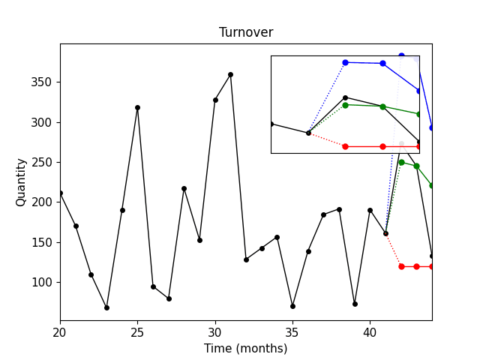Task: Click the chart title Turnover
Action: tap(246, 32)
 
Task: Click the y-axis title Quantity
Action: tap(21, 182)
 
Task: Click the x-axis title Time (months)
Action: tap(246, 348)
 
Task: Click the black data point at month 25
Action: tap(137, 107)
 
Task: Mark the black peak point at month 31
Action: tap(230, 74)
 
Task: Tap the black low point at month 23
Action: tap(106, 307)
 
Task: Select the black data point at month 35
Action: tap(292, 306)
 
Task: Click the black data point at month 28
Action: tap(184, 188)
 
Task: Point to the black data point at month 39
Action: tap(355, 304)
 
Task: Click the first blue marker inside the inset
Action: tap(345, 62)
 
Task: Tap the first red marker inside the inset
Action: tap(345, 146)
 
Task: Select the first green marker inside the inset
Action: tap(345, 105)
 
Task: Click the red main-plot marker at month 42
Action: tap(401, 266)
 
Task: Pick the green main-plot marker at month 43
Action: tap(416, 166)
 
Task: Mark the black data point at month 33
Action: tap(262, 248)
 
